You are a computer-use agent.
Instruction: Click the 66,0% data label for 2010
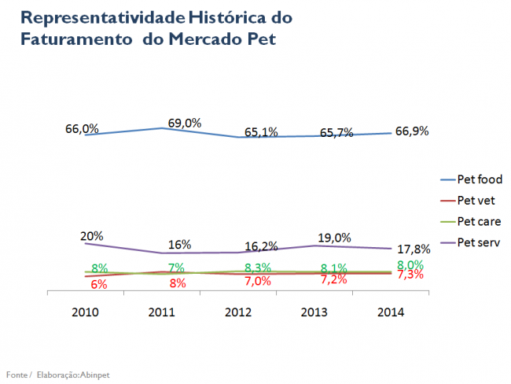point(81,128)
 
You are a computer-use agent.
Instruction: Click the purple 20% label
point(91,235)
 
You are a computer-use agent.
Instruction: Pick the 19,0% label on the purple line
point(334,238)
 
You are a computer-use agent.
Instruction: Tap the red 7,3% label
point(410,275)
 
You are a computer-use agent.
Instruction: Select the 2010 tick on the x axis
point(85,312)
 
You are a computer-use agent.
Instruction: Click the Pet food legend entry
point(480,179)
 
